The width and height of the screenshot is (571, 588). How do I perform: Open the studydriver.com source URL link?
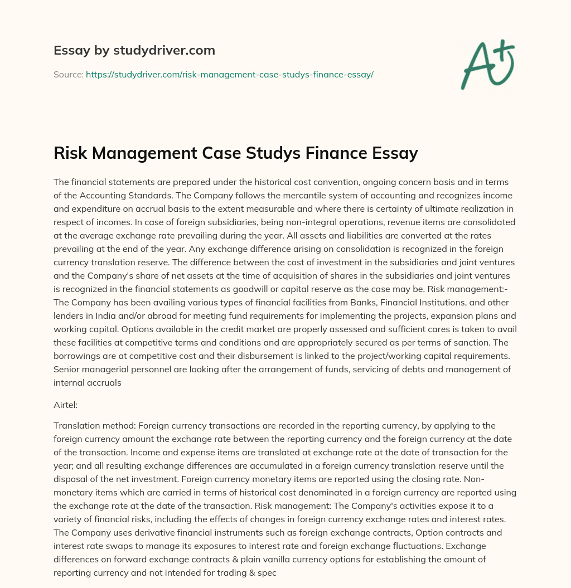click(x=229, y=74)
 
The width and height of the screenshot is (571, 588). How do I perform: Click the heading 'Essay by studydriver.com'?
click(x=134, y=50)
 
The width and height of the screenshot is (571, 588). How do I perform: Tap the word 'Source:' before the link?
click(x=68, y=74)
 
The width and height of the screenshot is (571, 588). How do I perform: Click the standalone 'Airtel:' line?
click(x=67, y=406)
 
